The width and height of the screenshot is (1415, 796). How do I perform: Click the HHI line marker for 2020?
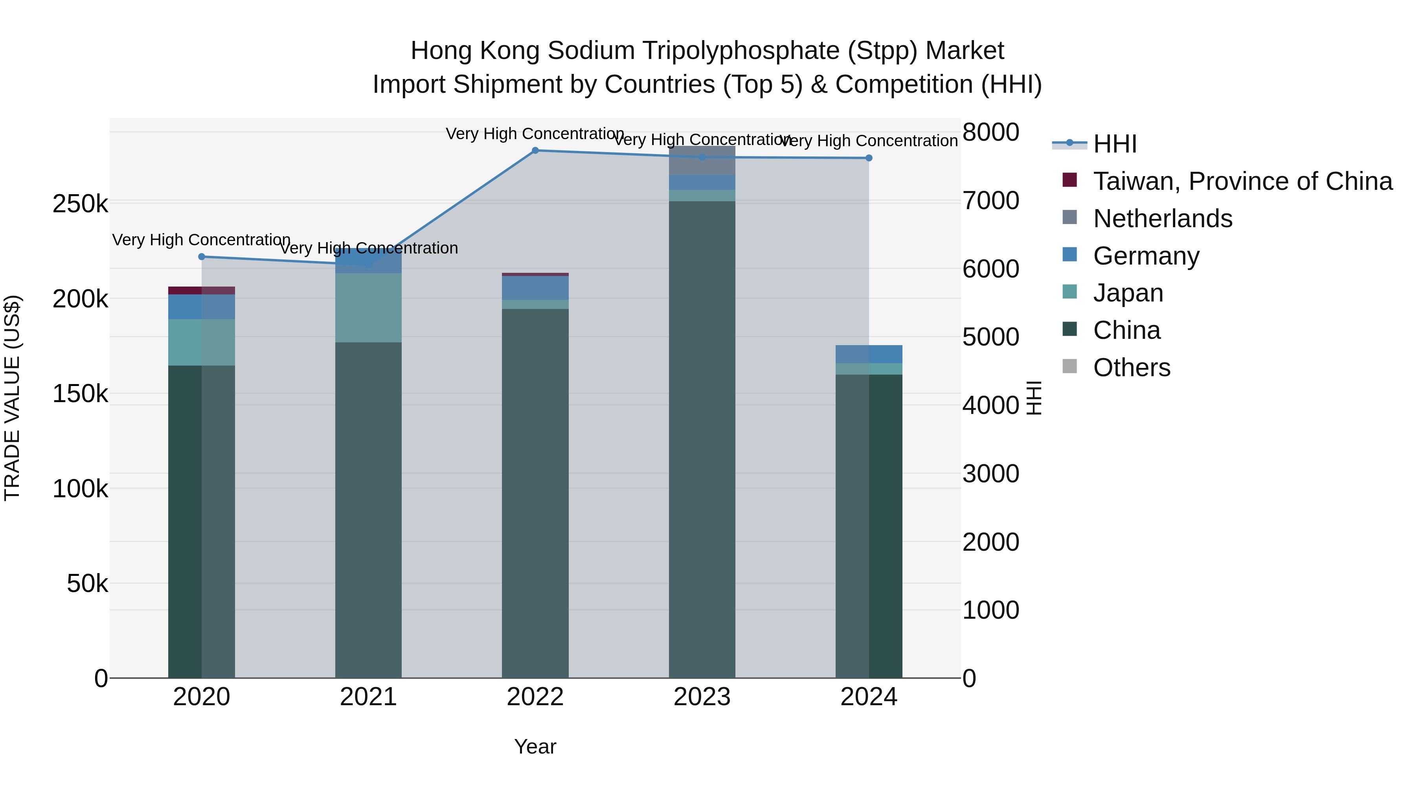point(202,257)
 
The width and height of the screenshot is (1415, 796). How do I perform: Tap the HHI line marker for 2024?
point(868,158)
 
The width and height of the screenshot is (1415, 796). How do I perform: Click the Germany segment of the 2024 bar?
point(868,354)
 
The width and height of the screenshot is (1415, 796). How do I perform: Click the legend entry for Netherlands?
point(1162,219)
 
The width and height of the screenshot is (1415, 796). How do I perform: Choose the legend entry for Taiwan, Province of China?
point(1242,181)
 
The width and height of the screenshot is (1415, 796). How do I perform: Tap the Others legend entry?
point(1132,368)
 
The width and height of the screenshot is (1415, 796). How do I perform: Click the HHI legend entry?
point(1115,144)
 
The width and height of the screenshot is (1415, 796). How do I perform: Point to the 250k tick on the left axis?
point(80,204)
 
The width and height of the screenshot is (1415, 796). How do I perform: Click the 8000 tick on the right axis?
point(990,132)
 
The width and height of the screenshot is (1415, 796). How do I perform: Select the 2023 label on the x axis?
point(702,697)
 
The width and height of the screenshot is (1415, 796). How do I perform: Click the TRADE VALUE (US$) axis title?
point(12,398)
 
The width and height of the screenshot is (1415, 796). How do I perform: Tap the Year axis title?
point(535,746)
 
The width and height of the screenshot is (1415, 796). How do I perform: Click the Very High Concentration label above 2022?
point(535,134)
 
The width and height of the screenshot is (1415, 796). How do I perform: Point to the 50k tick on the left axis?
point(87,583)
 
